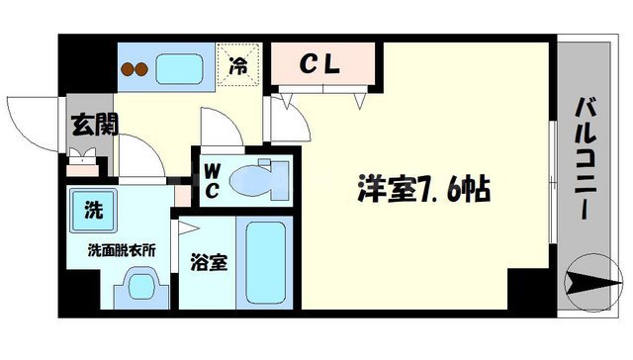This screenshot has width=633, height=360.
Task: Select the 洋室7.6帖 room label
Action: pyautogui.click(x=424, y=189)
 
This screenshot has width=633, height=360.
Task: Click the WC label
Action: pyautogui.click(x=213, y=179)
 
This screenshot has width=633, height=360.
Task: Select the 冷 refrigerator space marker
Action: pyautogui.click(x=239, y=66)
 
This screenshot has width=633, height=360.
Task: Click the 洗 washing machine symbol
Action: pyautogui.click(x=91, y=210)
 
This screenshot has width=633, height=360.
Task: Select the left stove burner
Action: pyautogui.click(x=127, y=69)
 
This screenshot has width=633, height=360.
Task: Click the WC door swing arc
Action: pyautogui.click(x=215, y=130)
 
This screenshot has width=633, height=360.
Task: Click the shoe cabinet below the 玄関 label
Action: pyautogui.click(x=81, y=156)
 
